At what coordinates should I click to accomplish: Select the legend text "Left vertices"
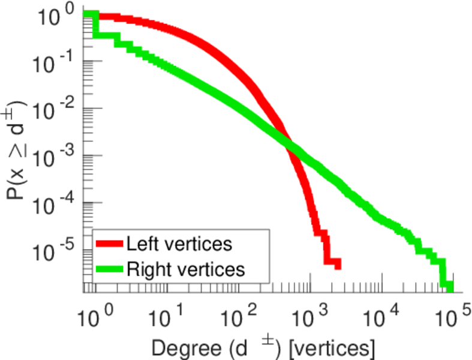(179, 244)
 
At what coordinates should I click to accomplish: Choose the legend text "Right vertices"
(185, 269)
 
